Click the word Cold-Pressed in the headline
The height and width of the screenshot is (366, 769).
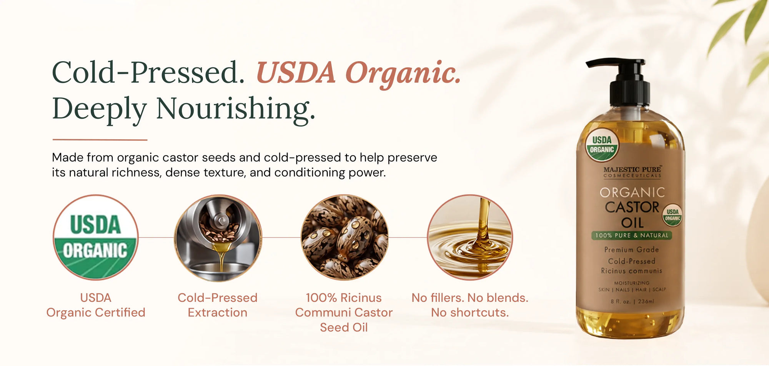148,72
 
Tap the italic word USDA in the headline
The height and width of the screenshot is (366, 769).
296,72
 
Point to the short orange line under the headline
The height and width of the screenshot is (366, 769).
100,140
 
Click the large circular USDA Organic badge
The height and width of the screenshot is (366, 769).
96,237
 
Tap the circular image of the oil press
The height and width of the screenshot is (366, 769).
218,237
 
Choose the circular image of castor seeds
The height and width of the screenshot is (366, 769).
344,237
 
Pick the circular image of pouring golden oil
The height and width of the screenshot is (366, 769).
470,237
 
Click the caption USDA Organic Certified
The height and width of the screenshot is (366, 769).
96,305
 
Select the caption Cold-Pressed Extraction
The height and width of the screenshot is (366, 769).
218,305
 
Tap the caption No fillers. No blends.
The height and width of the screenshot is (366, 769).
470,298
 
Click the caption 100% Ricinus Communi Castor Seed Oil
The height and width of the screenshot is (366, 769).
344,313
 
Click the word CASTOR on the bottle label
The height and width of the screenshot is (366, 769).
632,207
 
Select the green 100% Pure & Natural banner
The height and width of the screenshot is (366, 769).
632,235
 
